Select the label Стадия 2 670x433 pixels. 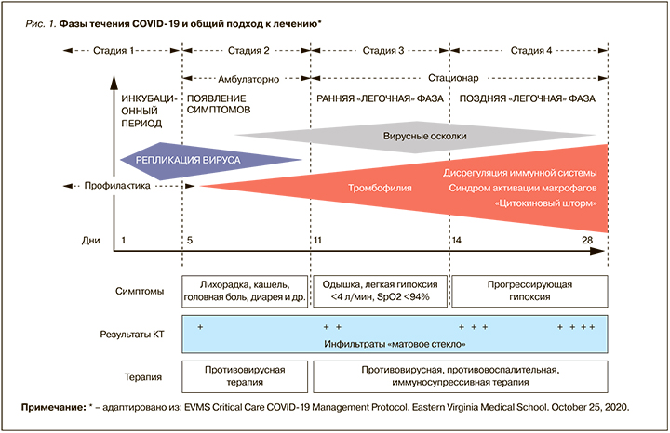tap(248, 52)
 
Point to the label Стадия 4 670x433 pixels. tap(531, 52)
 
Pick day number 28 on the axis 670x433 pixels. tap(587, 241)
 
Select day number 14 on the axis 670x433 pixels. tap(455, 241)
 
